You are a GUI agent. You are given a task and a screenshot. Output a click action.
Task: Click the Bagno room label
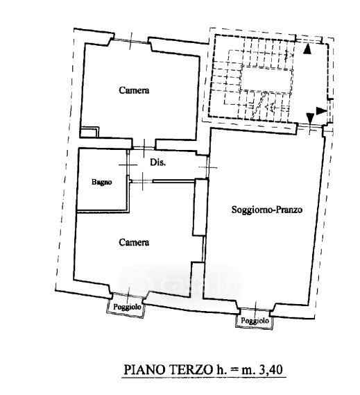[102, 182]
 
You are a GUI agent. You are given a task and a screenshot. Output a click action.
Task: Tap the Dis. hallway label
[158, 162]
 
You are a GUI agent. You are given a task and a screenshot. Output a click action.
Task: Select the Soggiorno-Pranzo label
[267, 210]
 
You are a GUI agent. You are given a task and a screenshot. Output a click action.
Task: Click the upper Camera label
[134, 90]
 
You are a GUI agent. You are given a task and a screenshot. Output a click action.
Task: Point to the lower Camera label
[134, 242]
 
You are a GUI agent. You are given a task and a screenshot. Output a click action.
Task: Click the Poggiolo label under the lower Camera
[127, 307]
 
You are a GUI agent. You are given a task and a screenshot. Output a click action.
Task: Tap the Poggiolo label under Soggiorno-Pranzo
[255, 321]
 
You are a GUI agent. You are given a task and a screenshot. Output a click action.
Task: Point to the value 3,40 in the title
[272, 369]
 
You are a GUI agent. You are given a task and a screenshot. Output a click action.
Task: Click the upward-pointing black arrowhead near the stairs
[307, 49]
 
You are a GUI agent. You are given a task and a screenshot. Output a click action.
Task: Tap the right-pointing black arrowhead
[321, 111]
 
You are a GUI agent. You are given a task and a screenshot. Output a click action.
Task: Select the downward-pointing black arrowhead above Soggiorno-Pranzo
[310, 118]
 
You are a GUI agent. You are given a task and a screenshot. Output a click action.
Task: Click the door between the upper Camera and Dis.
[144, 148]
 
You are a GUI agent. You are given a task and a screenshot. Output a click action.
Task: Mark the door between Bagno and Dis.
[128, 165]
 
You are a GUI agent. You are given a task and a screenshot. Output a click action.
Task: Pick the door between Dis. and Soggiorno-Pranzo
[207, 167]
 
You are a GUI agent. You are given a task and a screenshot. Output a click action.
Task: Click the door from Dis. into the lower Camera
[142, 180]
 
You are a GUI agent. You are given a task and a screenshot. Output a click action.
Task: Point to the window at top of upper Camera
[130, 41]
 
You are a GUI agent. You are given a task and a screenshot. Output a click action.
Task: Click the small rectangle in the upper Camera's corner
[89, 132]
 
